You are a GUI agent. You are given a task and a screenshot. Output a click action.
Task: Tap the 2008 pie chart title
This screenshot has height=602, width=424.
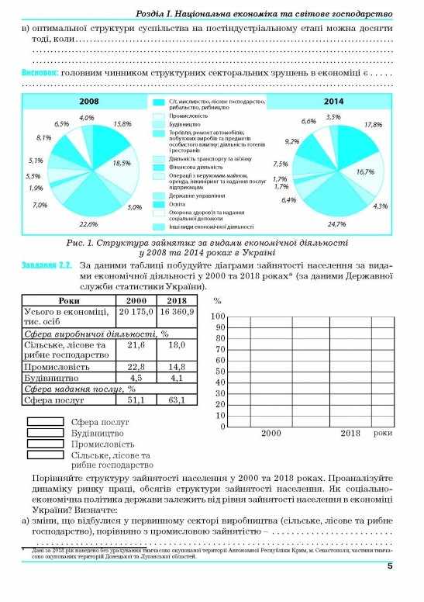pos(88,102)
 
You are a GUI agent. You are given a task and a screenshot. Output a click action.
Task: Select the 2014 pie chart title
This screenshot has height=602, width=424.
pos(334,102)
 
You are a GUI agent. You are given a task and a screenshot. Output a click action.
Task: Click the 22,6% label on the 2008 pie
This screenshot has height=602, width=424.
pos(88,223)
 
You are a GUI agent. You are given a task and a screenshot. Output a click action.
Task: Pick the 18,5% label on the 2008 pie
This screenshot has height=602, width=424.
pos(122,163)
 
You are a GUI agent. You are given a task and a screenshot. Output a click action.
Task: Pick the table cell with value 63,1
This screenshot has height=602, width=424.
pos(177,400)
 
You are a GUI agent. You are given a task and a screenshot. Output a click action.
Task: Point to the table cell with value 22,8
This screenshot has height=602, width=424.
pos(136,366)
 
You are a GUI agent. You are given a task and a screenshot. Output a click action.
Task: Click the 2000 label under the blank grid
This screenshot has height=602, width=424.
pos(271,433)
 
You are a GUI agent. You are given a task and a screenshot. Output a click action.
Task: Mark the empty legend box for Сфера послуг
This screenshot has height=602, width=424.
pos(46,422)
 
